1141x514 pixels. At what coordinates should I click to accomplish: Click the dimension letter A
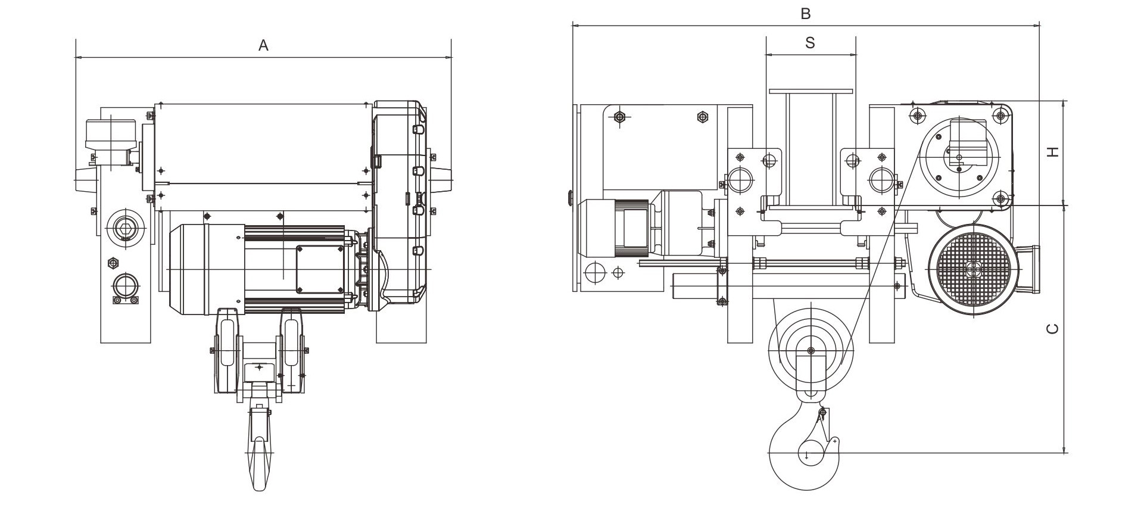(263, 45)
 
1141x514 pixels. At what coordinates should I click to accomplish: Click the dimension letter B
(805, 14)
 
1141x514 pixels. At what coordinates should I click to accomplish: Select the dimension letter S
(810, 42)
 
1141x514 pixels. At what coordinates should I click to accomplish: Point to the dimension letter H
(1053, 152)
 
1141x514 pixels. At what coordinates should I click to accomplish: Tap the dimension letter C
(1053, 328)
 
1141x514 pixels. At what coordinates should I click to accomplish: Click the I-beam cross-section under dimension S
(810, 149)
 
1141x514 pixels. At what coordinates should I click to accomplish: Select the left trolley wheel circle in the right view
(739, 180)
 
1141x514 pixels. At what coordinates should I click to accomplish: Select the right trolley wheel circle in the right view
(882, 180)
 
